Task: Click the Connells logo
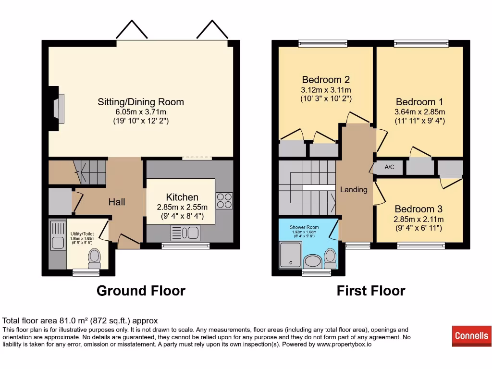[471, 336]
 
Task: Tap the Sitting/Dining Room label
[141, 102]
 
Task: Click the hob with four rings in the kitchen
[224, 200]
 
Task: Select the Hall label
[116, 202]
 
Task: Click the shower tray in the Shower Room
[290, 254]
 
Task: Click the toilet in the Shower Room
[330, 258]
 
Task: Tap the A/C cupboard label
[390, 167]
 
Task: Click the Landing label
[354, 189]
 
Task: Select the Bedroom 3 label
[418, 209]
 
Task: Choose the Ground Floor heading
[141, 291]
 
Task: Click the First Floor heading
[370, 291]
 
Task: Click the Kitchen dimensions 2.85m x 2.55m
[182, 207]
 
